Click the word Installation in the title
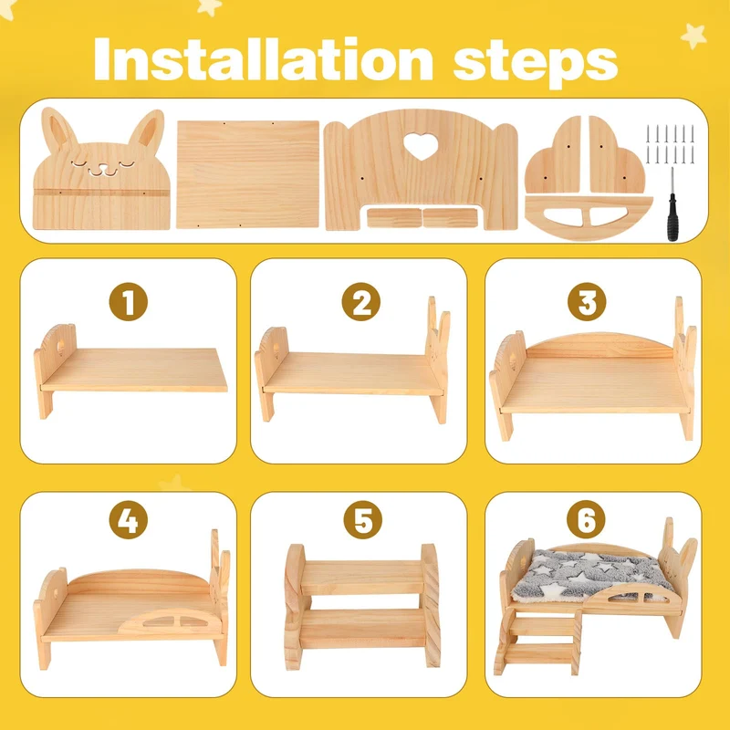[264, 59]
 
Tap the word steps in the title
[536, 64]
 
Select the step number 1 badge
[129, 302]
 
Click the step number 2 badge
[360, 302]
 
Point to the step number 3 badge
[587, 302]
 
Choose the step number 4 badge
[129, 520]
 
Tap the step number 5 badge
[362, 520]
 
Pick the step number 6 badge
[586, 520]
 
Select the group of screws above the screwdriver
[670, 144]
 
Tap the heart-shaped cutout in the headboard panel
[421, 146]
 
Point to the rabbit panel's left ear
[58, 128]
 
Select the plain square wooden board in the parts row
[247, 174]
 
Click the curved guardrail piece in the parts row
[589, 217]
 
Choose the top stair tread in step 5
[361, 578]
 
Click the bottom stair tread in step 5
[362, 629]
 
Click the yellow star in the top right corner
[693, 36]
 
